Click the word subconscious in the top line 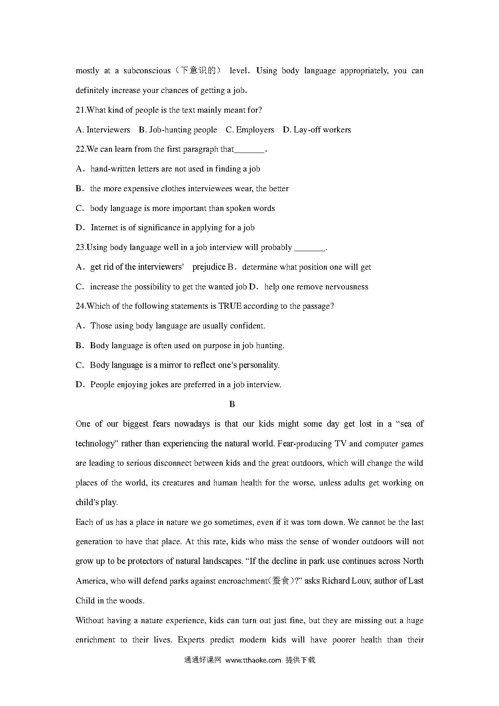[x=147, y=71]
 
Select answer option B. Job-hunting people [x=178, y=130]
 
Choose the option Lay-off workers [x=322, y=130]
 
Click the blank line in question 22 [x=249, y=150]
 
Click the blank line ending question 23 [x=309, y=248]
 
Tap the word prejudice [x=209, y=267]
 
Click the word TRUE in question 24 [x=229, y=306]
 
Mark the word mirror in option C [x=171, y=365]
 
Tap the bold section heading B [x=232, y=405]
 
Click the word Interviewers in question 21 [x=108, y=130]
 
